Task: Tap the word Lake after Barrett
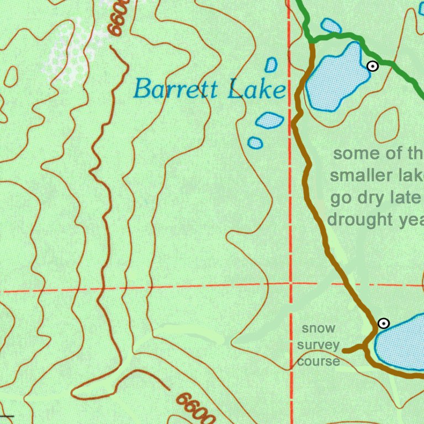coord(257,89)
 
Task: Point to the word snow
coord(318,328)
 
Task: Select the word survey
coord(318,345)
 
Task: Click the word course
coord(318,362)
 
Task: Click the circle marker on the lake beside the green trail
coord(373,66)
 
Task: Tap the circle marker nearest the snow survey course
coord(383,323)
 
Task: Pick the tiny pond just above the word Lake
coord(271,65)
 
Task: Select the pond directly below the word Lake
coord(270,120)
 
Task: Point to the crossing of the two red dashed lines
coord(290,284)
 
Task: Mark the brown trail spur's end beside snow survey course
coord(344,350)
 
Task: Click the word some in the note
coord(353,154)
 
